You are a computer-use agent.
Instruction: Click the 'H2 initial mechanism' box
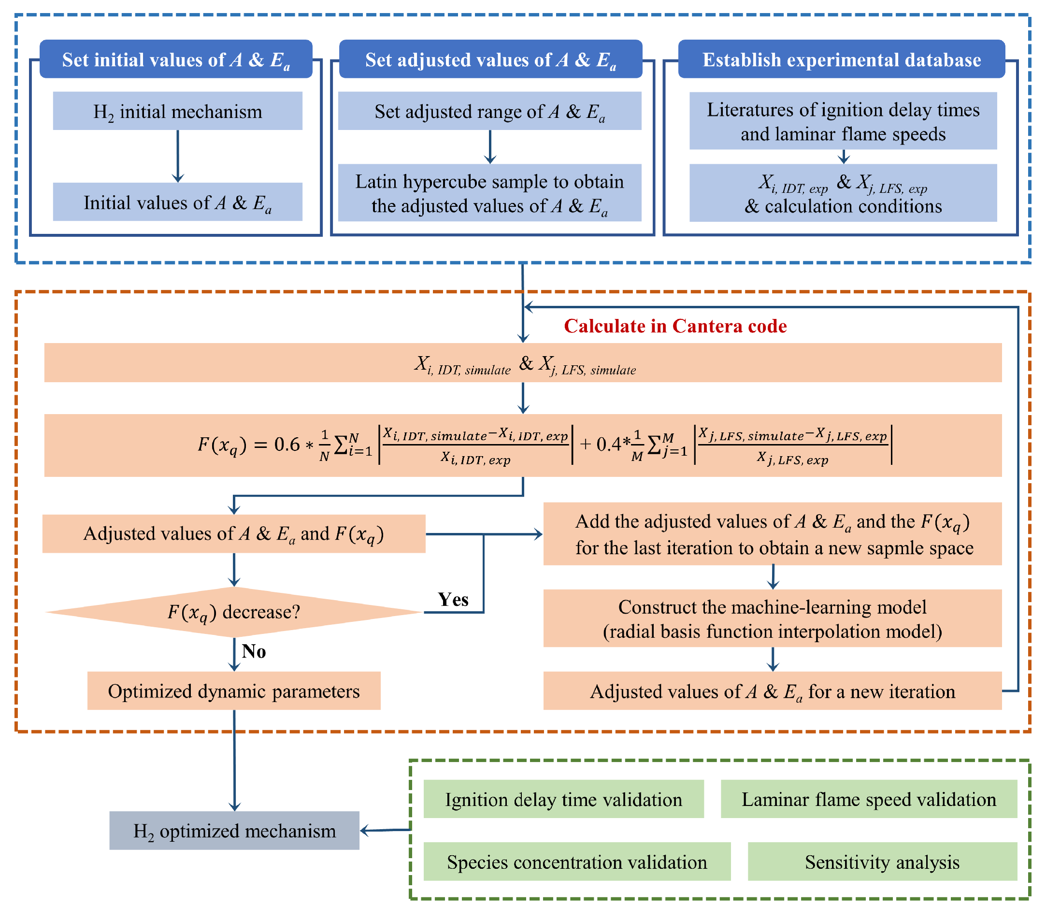178,111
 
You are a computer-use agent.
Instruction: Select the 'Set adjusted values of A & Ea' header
490,59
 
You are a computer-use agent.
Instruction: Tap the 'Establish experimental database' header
841,59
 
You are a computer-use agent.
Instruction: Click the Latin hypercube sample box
489,193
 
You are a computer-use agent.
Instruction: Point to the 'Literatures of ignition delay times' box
843,121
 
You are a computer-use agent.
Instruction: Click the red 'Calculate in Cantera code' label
675,326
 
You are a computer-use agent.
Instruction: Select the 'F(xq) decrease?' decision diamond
234,612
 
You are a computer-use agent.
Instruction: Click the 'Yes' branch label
453,599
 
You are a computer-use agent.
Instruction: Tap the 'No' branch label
254,651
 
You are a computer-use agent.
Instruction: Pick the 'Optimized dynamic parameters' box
234,691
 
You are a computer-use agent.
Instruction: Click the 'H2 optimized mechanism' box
234,831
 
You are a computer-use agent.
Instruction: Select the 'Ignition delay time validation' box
563,799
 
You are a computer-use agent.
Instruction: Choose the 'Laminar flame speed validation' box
868,799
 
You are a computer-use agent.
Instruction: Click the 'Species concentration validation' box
577,862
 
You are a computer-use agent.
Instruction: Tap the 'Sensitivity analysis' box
882,862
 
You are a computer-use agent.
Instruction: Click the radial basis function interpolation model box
772,618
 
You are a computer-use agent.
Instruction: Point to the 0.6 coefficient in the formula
287,444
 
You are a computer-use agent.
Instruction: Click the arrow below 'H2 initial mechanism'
178,156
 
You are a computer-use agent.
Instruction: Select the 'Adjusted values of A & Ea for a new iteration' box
772,691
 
